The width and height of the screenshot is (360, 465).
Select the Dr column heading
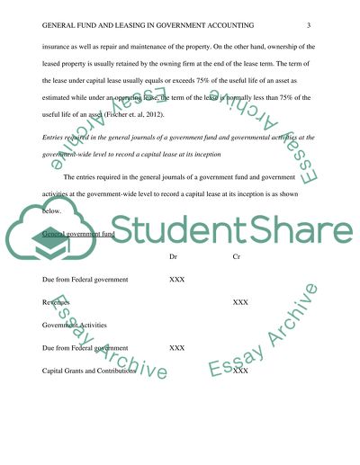click(174, 257)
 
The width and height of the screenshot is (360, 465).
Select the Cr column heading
click(237, 257)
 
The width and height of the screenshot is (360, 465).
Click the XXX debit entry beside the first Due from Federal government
click(177, 281)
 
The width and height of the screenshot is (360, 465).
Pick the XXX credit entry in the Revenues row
click(240, 303)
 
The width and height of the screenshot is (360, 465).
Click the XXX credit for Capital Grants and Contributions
click(240, 371)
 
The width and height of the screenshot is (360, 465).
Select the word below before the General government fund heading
click(53, 216)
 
